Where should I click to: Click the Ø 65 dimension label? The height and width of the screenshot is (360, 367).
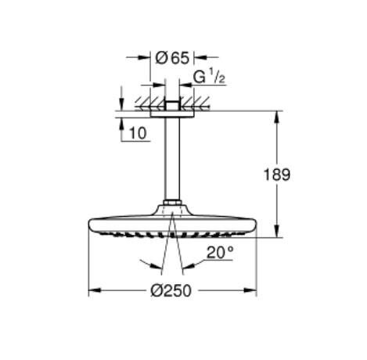171,56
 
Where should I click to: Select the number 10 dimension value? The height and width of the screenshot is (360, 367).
138,134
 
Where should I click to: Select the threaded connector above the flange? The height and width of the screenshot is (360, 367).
171,103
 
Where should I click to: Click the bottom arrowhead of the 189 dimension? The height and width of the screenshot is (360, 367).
276,232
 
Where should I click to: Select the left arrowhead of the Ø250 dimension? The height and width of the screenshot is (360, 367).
91,290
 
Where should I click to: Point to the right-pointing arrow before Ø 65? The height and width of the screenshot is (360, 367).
145,56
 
